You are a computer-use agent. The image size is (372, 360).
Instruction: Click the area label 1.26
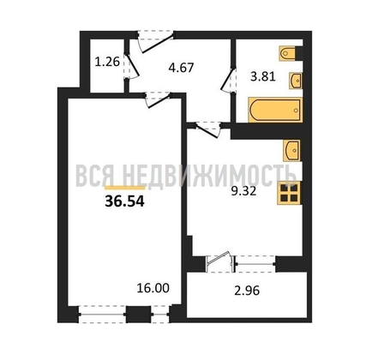[107, 62]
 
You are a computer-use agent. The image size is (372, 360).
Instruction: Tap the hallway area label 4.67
[181, 68]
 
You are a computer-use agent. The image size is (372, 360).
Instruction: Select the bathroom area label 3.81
[263, 76]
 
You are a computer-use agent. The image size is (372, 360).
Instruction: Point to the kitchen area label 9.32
[243, 191]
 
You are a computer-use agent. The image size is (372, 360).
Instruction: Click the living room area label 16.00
[153, 288]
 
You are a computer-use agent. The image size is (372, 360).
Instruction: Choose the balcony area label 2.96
[247, 291]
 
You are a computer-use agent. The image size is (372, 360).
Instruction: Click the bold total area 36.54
[125, 201]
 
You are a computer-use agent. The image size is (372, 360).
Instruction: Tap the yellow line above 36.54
[125, 188]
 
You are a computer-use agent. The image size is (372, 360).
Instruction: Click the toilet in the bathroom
[288, 53]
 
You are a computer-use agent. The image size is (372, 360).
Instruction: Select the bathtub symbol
[275, 110]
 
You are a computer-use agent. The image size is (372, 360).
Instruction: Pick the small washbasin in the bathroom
[296, 81]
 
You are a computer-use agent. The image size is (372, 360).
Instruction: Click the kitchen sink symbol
[291, 150]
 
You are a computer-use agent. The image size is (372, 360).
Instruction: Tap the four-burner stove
[289, 193]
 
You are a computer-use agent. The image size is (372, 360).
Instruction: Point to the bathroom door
[229, 80]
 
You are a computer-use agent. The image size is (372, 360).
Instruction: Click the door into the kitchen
[207, 129]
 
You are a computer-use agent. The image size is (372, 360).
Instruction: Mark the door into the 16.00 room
[158, 100]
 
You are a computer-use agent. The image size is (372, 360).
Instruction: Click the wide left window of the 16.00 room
[102, 314]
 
